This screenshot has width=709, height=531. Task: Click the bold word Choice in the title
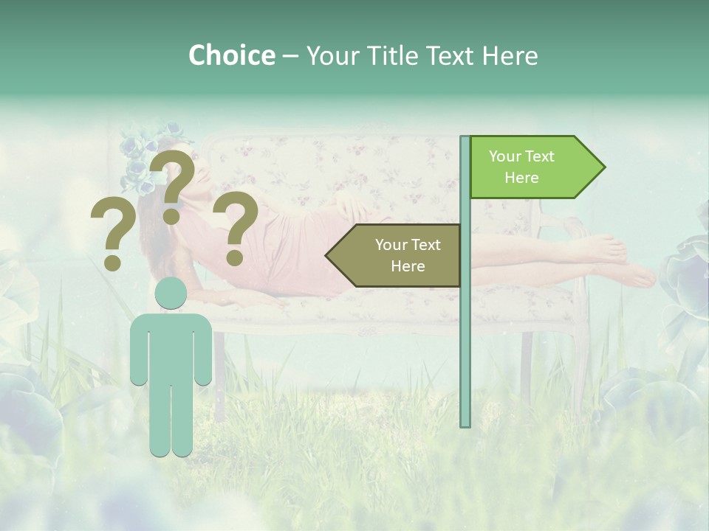coord(231,56)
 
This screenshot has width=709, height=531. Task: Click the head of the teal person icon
coord(171,294)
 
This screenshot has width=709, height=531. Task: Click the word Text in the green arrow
coord(540,156)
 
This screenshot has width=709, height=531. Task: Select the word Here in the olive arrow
coord(408,266)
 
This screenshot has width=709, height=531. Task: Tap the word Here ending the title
coord(510,56)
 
